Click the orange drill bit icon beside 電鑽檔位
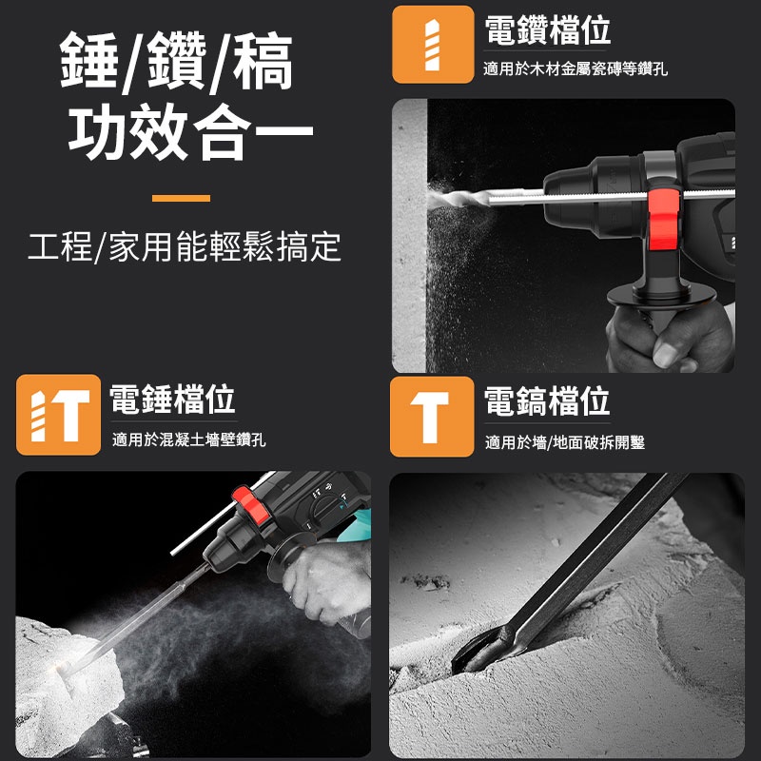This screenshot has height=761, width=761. coord(433,45)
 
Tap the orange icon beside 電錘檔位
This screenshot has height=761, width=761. coord(58,415)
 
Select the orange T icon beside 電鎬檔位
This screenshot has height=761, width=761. coord(432,417)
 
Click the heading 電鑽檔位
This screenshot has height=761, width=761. coord(548,30)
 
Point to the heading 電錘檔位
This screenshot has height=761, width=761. coord(172,399)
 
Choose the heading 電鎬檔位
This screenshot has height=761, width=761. coord(547,400)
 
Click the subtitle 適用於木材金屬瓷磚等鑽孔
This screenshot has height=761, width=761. coord(576,68)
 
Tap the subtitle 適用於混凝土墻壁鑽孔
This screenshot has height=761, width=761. coord(188,439)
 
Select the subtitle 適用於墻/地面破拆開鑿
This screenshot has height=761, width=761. coord(565,442)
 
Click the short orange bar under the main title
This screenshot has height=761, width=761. coord(181,198)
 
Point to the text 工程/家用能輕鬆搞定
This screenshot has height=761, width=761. coord(185,246)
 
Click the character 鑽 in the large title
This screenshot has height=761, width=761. coord(177,60)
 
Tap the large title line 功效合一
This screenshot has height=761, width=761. coord(191,131)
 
